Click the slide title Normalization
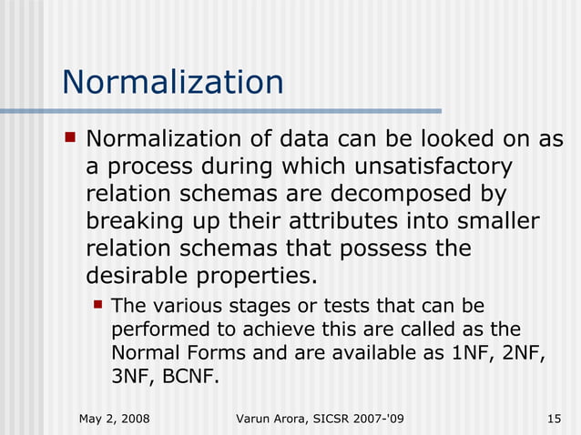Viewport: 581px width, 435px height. click(172, 83)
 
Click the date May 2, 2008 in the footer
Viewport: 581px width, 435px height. click(115, 418)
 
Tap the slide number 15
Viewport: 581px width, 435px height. click(553, 418)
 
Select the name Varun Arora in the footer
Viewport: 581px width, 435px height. click(273, 418)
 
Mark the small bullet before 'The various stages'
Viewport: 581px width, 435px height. click(97, 304)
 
